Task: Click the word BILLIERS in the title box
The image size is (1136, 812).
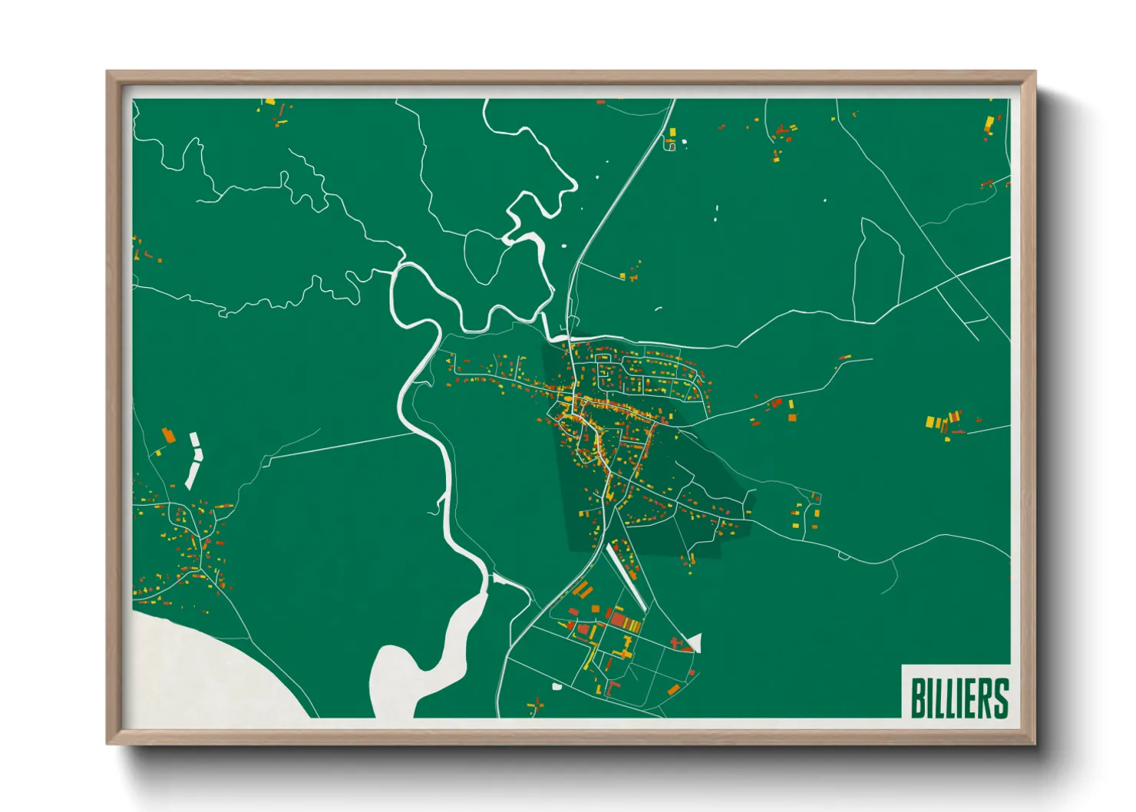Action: pyautogui.click(x=959, y=697)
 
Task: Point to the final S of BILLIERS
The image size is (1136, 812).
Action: pyautogui.click(x=1000, y=697)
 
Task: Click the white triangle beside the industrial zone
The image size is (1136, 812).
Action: pyautogui.click(x=695, y=642)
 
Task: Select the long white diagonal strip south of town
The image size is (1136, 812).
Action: pyautogui.click(x=626, y=576)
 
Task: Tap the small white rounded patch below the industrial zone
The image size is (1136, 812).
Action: pyautogui.click(x=556, y=685)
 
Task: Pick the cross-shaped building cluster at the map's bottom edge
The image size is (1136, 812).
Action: pyautogui.click(x=536, y=705)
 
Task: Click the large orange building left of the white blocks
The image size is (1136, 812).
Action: pyautogui.click(x=168, y=436)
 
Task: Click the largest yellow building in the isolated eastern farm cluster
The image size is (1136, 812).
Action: pyautogui.click(x=930, y=421)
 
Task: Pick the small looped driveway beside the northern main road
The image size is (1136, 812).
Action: pyautogui.click(x=669, y=145)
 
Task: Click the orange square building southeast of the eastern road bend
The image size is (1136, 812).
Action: pyautogui.click(x=793, y=417)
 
